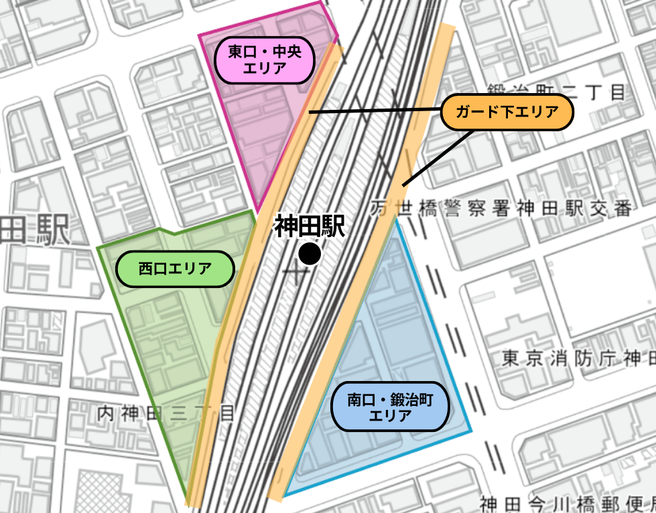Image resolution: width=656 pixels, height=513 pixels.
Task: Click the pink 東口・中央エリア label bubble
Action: coord(265,60)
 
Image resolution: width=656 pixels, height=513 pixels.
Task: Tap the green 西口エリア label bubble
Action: coord(175,270)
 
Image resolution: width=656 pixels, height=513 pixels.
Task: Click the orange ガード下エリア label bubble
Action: coord(507,113)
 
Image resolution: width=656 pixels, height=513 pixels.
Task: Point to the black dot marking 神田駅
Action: coord(310,254)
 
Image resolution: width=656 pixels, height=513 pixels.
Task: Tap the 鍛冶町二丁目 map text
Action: coord(556,92)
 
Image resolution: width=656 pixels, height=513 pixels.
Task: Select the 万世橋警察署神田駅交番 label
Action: coord(501,209)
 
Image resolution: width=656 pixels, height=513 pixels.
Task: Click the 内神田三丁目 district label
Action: coord(166,414)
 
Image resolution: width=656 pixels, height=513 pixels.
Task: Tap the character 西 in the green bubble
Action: coord(145,270)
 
